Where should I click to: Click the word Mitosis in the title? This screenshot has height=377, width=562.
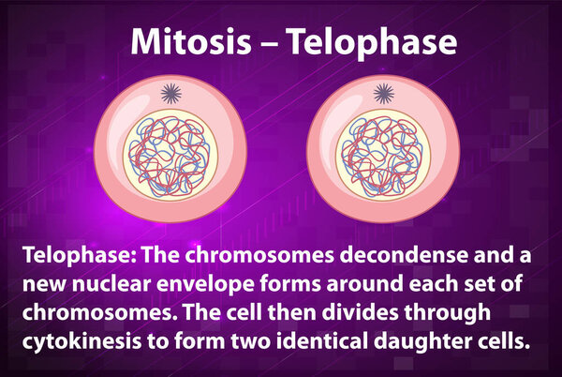[x=191, y=41]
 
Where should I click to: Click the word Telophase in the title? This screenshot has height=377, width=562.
[x=372, y=44]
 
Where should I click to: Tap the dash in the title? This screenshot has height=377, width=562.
[x=269, y=44]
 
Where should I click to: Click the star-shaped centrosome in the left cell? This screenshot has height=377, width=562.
[x=171, y=93]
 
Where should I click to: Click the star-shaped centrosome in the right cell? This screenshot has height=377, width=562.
[x=384, y=93]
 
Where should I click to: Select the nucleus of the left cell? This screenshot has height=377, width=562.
[x=170, y=156]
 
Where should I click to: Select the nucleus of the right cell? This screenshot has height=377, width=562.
[x=383, y=156]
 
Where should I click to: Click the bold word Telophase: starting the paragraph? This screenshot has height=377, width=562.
[x=80, y=256]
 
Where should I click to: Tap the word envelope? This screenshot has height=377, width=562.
[x=206, y=285]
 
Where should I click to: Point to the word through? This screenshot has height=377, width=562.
[x=448, y=313]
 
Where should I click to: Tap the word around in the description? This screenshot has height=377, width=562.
[x=365, y=284]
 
